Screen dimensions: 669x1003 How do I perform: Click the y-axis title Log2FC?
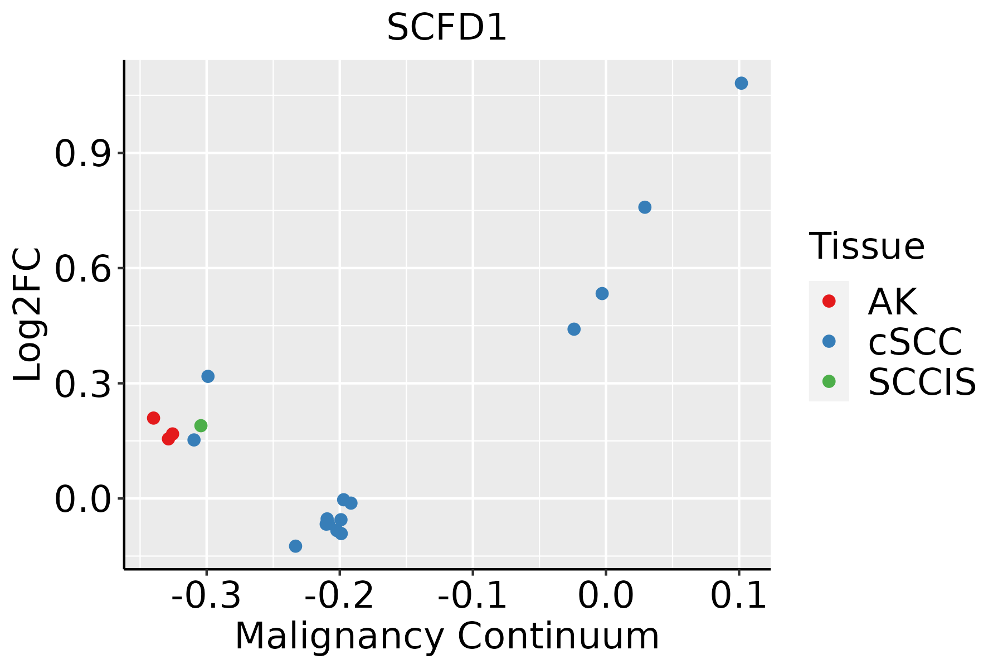[28, 315]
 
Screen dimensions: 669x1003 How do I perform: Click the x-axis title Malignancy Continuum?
[447, 636]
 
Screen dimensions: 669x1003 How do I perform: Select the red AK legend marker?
[829, 301]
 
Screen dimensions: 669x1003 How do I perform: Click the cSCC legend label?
[915, 342]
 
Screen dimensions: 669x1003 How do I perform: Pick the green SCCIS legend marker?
[829, 381]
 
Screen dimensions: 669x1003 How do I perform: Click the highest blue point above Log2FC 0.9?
[741, 83]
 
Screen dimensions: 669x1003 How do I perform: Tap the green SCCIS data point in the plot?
[201, 426]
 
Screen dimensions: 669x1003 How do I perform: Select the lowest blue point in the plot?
[296, 546]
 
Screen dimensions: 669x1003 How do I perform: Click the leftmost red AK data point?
[154, 418]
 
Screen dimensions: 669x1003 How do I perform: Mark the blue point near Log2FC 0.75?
[645, 207]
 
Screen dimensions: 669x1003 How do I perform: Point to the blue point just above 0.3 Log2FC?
[208, 376]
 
